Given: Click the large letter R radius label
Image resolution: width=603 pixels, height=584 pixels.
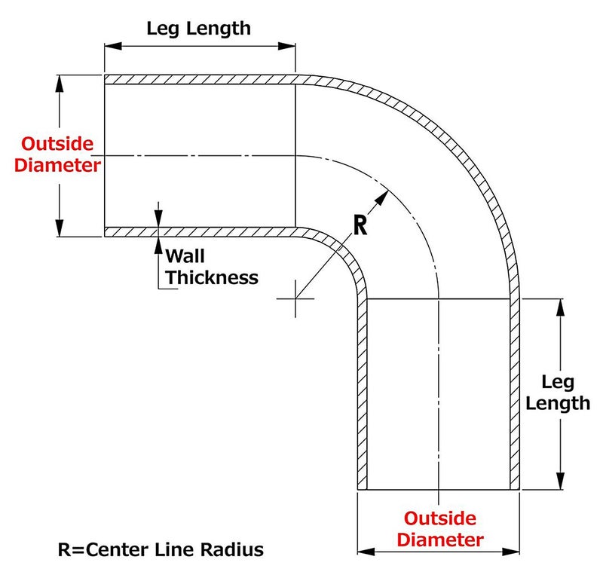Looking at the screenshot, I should point(360,225).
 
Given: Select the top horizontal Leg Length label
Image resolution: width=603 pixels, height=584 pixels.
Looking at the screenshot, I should point(198,29).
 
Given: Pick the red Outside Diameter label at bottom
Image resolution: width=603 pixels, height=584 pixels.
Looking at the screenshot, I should point(440,529).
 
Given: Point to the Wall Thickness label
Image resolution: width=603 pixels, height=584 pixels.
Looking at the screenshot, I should point(211,266).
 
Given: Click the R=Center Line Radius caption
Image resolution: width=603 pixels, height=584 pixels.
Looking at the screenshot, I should point(161,549).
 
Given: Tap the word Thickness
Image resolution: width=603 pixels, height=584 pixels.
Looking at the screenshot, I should point(212,277).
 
